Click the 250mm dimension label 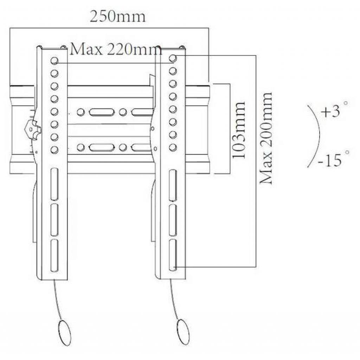(117, 17)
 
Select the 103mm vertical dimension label (239, 130)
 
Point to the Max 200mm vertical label (266, 138)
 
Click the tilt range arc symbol (315, 135)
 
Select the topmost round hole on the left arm (54, 61)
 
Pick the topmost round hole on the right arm (173, 58)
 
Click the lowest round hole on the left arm (54, 149)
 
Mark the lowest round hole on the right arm (173, 147)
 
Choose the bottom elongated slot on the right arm (172, 254)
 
